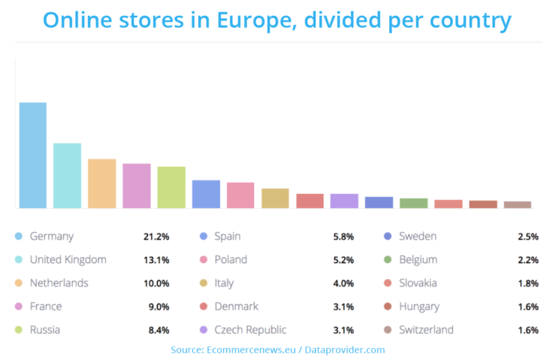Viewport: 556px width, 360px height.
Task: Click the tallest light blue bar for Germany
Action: pos(32,155)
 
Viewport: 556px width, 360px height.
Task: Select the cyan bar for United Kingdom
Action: pos(67,175)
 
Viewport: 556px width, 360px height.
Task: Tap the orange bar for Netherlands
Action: pos(101,183)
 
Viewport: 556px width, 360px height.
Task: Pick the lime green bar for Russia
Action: pos(171,187)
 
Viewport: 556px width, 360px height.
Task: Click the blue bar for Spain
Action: pos(206,194)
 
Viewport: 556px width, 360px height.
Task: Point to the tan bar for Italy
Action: pos(275,198)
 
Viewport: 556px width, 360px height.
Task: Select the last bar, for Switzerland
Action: pos(517,204)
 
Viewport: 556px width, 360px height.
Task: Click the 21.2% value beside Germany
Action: pos(156,237)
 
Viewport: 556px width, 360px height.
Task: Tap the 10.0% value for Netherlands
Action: pos(156,283)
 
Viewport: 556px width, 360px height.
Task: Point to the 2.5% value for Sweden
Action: pos(528,237)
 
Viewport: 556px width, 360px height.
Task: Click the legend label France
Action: pos(46,307)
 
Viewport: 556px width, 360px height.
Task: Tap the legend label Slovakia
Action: pos(419,283)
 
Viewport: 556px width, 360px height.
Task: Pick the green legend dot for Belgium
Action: pos(387,260)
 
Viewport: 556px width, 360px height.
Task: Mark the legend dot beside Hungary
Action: pos(387,307)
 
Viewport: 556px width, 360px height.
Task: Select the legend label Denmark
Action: pos(237,307)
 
